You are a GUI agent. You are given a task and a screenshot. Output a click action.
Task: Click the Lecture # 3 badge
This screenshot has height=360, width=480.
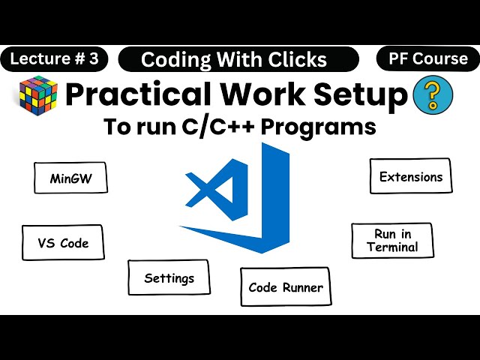click(54, 59)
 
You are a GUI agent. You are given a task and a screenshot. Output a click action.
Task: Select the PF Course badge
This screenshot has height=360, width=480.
click(428, 58)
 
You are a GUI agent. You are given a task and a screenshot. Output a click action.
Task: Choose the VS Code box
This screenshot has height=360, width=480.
click(63, 243)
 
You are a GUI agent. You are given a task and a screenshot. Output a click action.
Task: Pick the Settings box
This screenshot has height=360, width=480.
click(169, 278)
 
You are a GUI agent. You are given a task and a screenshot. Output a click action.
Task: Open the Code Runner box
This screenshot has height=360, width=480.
click(285, 287)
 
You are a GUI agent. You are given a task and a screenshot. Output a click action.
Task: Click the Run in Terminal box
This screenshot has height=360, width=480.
click(392, 241)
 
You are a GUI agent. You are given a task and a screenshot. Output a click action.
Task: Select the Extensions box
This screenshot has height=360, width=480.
click(410, 177)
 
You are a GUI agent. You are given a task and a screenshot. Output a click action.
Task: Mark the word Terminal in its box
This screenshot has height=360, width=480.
click(392, 247)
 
